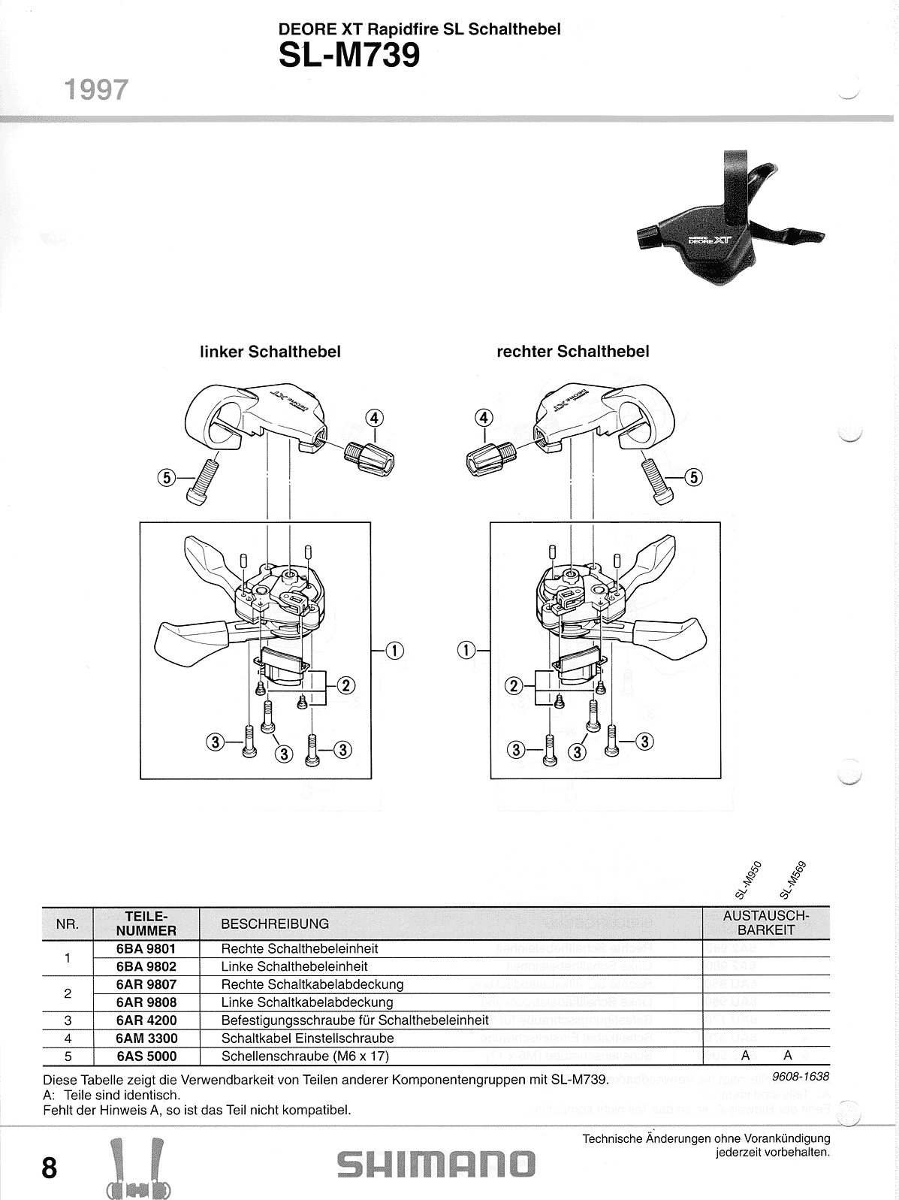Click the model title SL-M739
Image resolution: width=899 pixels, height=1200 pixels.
(348, 56)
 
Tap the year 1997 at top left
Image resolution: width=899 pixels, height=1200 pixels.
(96, 90)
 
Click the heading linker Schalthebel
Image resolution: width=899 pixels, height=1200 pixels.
(270, 352)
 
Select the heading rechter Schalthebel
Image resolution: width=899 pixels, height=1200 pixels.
(572, 352)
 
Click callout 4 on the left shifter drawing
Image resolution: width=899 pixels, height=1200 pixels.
(375, 418)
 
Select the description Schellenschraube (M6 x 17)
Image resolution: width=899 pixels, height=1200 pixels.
(305, 1056)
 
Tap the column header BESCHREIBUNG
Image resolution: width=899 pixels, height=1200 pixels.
(275, 924)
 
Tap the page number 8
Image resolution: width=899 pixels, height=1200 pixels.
(49, 1168)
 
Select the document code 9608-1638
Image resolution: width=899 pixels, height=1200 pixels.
(801, 1076)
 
